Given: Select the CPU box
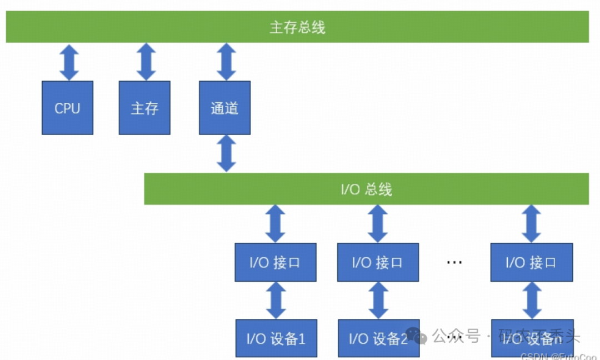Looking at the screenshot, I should (x=67, y=108).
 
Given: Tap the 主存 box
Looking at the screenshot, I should (x=144, y=108).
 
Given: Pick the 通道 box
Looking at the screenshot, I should (x=224, y=108).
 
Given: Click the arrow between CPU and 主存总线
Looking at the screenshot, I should (x=69, y=62).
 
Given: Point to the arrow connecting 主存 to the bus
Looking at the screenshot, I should (x=146, y=62).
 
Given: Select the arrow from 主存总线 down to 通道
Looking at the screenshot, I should (x=226, y=62).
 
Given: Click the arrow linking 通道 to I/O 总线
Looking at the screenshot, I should (x=226, y=153).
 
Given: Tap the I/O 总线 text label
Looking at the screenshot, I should (x=366, y=189).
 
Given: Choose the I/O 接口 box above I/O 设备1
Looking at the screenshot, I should (x=276, y=262).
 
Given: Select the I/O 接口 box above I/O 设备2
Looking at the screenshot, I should (x=378, y=262).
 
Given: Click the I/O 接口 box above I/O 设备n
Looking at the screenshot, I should (x=531, y=262).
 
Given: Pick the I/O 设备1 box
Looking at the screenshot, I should (x=276, y=338).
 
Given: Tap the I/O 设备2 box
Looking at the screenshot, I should (x=378, y=338).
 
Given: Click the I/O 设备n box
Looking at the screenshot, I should (x=532, y=338).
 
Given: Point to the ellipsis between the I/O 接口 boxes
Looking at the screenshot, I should (x=454, y=262).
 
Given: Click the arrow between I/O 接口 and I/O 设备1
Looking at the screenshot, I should (x=276, y=300).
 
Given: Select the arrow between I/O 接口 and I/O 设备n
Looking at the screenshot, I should (x=532, y=300).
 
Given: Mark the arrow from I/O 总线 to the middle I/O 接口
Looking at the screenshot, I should (x=378, y=224).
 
